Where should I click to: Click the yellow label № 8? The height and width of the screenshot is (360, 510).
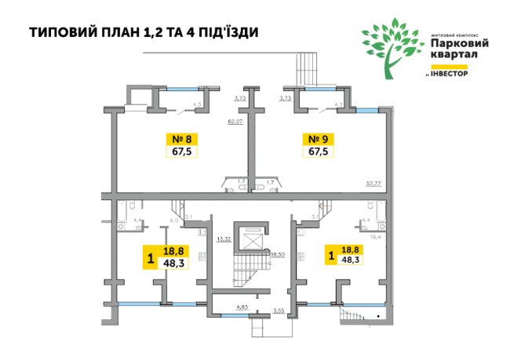tap(181, 140)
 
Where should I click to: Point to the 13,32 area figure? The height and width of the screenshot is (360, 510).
tap(224, 238)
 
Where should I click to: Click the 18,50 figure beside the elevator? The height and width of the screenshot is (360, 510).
tap(278, 255)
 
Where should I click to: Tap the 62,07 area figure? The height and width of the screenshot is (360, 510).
tap(235, 122)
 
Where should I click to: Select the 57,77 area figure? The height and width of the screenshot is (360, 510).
tap(373, 183)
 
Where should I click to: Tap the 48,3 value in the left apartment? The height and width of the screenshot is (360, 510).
tap(173, 264)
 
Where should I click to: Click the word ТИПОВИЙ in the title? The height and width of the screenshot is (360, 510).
tap(63, 32)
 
